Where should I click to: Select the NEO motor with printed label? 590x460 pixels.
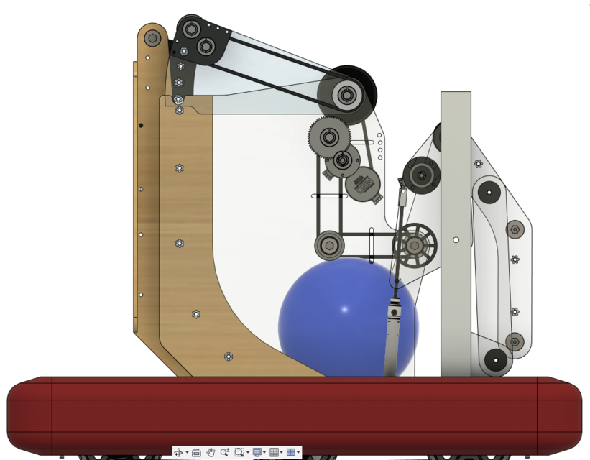point(363,185)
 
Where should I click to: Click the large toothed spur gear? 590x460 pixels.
point(329,134)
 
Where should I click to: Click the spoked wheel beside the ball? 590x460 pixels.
point(415,245)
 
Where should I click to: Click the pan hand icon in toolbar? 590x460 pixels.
point(211,452)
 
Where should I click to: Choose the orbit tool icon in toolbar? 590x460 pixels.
point(178,452)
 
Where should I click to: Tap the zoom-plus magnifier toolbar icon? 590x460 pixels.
point(225,452)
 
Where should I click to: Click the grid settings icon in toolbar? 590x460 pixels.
point(274,452)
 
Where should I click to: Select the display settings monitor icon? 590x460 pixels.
point(257,452)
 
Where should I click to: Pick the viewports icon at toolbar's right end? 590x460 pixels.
point(291,452)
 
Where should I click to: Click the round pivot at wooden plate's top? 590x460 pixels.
point(152,37)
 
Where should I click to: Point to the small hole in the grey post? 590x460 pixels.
point(456,240)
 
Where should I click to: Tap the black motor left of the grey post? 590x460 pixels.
point(420,175)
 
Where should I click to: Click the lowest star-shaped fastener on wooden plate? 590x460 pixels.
point(229,356)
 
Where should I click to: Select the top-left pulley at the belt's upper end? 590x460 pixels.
point(191,29)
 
